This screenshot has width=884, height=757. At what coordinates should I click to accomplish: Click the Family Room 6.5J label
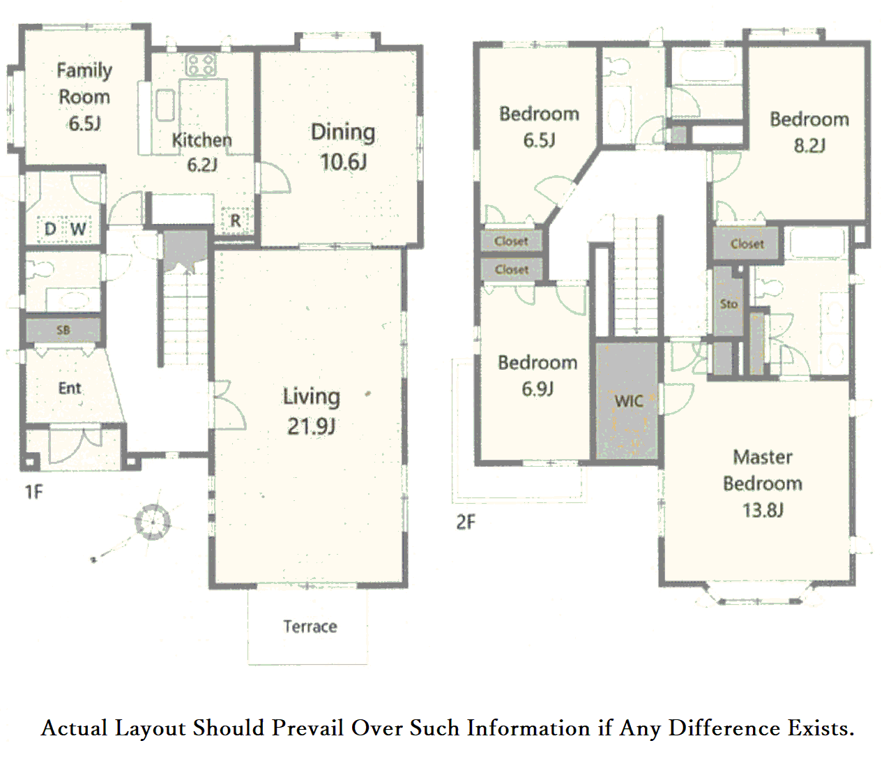(84, 96)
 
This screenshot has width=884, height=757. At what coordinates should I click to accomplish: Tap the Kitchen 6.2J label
(202, 152)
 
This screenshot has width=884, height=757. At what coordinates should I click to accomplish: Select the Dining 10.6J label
(343, 147)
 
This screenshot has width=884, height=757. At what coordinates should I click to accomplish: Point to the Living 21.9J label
(312, 411)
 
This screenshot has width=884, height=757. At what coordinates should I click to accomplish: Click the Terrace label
(310, 627)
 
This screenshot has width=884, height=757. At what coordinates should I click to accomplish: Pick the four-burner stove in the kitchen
(201, 65)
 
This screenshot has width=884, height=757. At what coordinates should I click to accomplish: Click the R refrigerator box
(235, 220)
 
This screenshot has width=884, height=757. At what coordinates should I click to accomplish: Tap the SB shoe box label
(63, 330)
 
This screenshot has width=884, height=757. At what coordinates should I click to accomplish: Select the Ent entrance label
(69, 388)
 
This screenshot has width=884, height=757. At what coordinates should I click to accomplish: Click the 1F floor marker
(34, 492)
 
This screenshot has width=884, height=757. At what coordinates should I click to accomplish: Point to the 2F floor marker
(466, 523)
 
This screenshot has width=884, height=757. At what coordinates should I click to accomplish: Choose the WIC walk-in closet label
(629, 401)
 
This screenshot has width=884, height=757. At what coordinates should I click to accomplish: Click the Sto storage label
(729, 304)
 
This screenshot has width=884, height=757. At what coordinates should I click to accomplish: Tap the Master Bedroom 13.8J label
(763, 484)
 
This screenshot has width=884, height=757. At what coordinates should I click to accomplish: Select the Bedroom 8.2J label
(809, 133)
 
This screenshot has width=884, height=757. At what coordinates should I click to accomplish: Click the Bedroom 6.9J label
(538, 376)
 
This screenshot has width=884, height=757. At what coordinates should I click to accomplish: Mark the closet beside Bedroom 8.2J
(747, 244)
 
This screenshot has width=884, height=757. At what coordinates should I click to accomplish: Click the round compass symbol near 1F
(153, 522)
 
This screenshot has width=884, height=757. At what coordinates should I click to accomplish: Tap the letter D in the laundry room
(50, 229)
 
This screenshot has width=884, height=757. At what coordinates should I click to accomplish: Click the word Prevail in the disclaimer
(308, 728)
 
